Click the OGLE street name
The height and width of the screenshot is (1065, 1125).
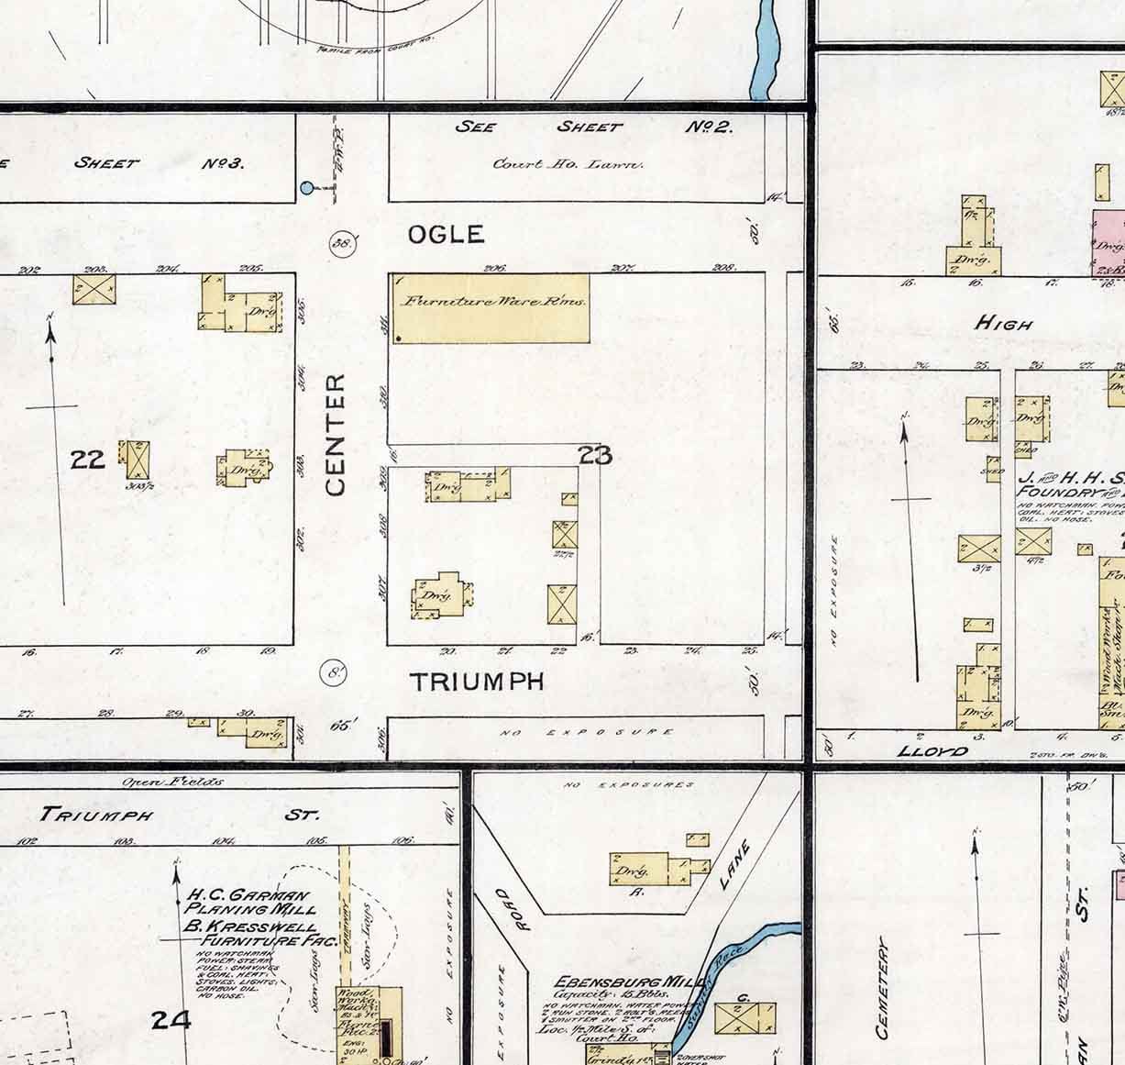[446, 235]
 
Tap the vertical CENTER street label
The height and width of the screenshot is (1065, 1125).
[336, 434]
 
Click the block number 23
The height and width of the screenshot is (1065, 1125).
[595, 454]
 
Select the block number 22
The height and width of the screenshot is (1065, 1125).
[88, 458]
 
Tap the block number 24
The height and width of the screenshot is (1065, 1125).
[171, 1019]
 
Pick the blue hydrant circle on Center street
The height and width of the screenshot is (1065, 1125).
[307, 189]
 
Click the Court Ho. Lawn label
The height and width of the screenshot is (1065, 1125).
[568, 164]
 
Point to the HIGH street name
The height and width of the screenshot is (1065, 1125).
[1004, 323]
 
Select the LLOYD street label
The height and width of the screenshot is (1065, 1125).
[934, 751]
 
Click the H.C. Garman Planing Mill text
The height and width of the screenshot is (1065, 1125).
[248, 902]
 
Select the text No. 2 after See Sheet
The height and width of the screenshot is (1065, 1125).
[709, 127]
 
